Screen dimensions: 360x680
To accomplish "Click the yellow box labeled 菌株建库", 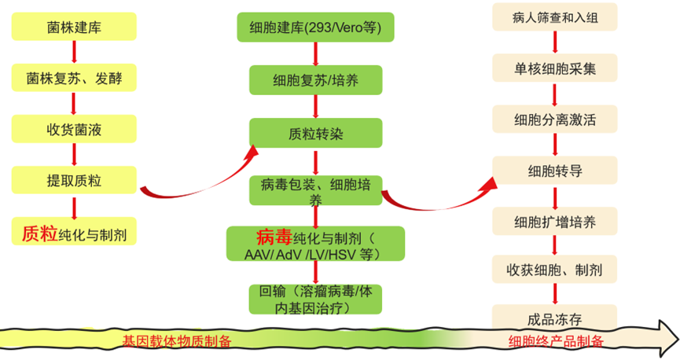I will click(74, 28).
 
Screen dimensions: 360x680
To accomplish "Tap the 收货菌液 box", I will click(74, 128).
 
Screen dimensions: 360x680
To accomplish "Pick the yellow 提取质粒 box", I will click(74, 180).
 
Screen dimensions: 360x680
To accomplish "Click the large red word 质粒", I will click(39, 233).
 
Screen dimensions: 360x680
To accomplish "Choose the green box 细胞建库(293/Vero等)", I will click(315, 28).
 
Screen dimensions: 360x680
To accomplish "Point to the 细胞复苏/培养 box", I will click(315, 80).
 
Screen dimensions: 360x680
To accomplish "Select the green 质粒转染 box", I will click(315, 133).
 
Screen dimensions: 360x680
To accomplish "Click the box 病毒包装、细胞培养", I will click(315, 190).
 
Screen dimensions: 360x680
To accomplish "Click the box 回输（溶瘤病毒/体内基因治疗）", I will click(315, 298).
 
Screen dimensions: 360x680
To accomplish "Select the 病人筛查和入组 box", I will click(554, 17).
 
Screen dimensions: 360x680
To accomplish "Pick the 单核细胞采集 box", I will click(554, 68).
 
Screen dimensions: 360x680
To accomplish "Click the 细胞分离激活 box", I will click(554, 119).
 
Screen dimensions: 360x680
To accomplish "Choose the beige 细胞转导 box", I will click(554, 171).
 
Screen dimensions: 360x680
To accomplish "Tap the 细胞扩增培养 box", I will click(554, 221).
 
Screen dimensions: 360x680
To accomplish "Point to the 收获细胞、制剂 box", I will click(554, 270).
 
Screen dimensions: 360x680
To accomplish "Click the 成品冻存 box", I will click(554, 318).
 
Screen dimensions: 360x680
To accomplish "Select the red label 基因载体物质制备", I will click(176, 341).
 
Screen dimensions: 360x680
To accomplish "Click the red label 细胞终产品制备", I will click(556, 341).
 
